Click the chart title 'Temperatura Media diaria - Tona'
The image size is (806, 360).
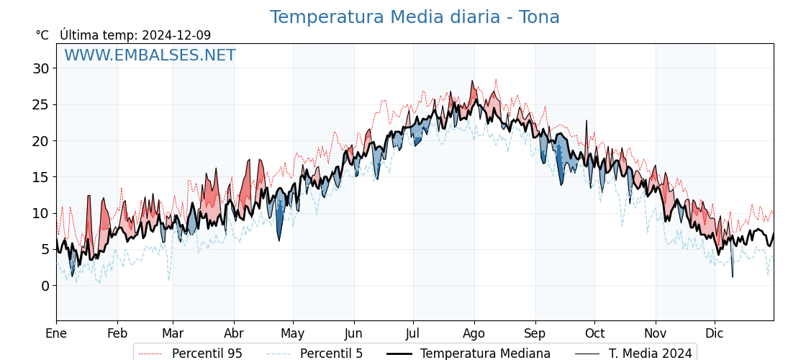click(415, 17)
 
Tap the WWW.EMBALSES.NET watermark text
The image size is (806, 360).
click(150, 55)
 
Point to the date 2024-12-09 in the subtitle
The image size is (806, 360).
click(176, 35)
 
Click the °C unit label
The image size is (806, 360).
click(42, 35)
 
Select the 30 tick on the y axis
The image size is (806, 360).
click(40, 68)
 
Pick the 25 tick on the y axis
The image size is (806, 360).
click(40, 104)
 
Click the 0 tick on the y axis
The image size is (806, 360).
click(45, 286)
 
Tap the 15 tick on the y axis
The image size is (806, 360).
click(40, 177)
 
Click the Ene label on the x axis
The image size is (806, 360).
click(56, 333)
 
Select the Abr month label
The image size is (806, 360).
click(234, 333)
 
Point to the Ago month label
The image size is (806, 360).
click(474, 333)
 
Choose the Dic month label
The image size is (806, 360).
click(715, 333)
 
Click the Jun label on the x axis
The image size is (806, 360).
click(353, 333)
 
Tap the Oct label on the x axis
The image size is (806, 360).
click(594, 333)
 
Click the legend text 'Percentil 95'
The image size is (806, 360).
click(207, 354)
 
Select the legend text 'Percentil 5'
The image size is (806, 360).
click(331, 354)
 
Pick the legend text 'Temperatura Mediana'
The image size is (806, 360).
click(485, 354)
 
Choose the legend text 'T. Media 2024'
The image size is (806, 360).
click(651, 354)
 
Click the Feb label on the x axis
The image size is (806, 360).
click(117, 333)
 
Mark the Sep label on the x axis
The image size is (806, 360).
click(535, 333)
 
